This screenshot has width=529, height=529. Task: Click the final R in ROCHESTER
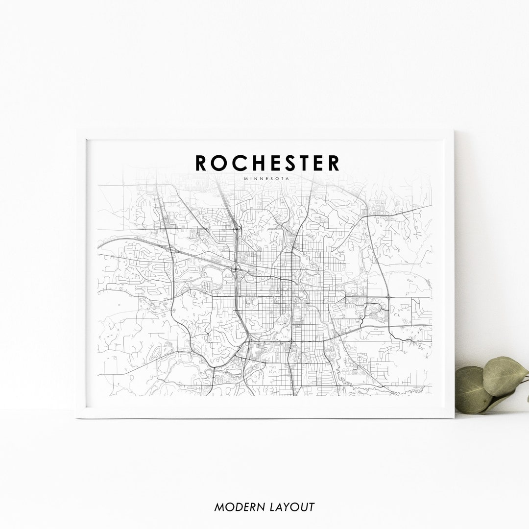click(334, 163)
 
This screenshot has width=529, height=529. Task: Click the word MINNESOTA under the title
click(266, 178)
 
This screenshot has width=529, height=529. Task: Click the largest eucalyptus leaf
click(505, 376)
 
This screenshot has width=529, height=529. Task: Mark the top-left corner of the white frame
click(77, 131)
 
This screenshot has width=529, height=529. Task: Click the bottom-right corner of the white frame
click(454, 417)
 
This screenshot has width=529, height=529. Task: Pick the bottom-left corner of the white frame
click(77, 417)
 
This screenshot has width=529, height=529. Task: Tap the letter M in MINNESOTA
click(245, 178)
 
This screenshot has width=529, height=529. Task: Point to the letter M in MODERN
click(219, 507)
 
